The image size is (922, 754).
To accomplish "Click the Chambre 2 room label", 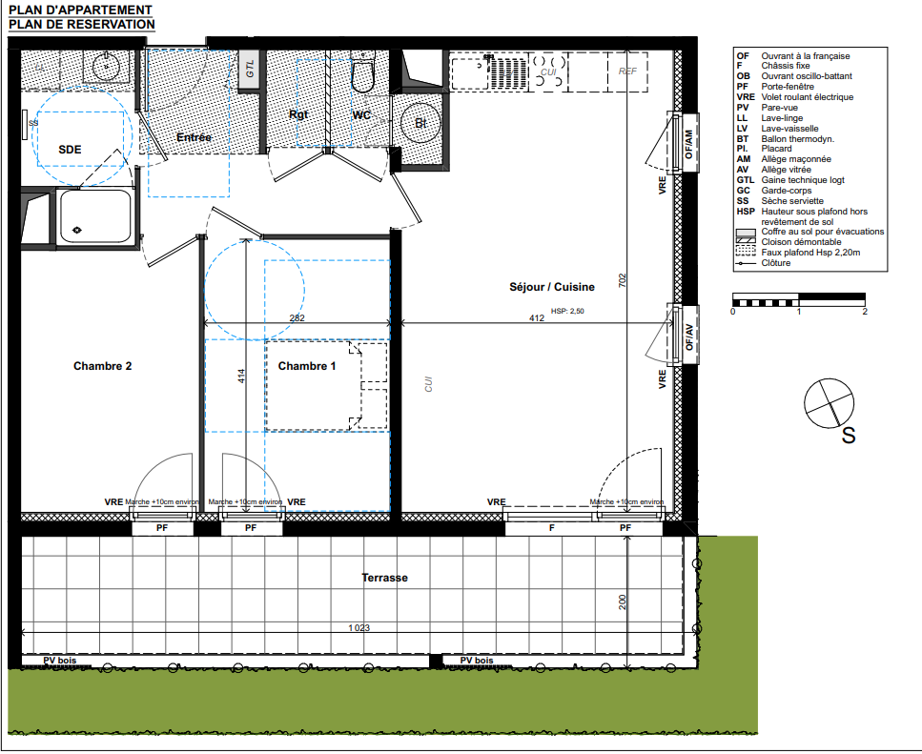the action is tap(102, 366).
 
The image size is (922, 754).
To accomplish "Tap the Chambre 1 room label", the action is tap(307, 366).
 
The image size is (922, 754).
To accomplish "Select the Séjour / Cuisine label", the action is tap(551, 287).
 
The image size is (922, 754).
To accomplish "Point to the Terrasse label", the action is tap(384, 578).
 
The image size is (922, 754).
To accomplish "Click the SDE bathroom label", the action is tap(70, 150).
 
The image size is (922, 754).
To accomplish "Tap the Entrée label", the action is tap(195, 137).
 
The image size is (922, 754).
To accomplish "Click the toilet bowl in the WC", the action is tap(363, 77).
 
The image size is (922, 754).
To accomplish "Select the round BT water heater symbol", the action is tap(420, 123).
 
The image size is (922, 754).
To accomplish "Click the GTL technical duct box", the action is tap(249, 70).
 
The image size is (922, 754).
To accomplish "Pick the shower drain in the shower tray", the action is tap(76, 230).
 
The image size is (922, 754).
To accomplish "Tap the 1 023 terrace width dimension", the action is tap(359, 627).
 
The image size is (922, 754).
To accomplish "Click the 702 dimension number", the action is tap(622, 280).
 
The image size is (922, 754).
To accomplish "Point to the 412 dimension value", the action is tap(536, 318).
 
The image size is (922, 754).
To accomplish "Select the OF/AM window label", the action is tap(689, 144).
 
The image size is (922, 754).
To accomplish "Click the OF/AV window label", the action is tap(689, 337).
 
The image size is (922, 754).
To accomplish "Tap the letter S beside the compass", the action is tap(849, 436).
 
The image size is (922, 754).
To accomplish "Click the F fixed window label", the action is tap(551, 528).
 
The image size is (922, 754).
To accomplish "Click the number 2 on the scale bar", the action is tap(865, 312).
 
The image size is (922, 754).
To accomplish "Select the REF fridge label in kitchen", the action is tap(627, 71).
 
